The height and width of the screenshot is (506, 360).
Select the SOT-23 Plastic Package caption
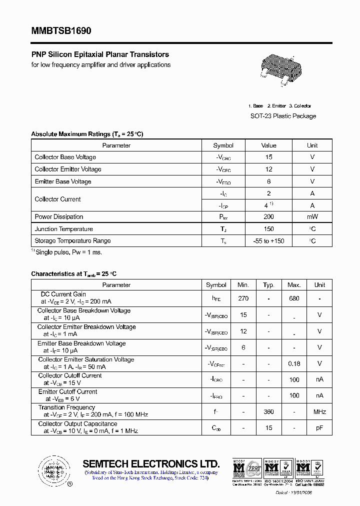point(283,116)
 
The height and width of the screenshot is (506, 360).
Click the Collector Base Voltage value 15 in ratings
point(269,157)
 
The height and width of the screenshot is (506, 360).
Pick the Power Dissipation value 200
point(269,217)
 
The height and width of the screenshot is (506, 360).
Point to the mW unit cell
point(312,217)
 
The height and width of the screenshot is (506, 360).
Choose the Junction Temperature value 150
point(269,229)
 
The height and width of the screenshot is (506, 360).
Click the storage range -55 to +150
point(268,241)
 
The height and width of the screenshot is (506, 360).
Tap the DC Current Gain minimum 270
point(243,298)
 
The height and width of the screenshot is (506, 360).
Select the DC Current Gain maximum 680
point(294,298)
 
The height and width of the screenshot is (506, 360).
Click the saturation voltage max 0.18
point(294,363)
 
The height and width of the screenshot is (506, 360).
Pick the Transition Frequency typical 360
point(269,412)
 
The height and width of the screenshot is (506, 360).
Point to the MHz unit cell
point(319,412)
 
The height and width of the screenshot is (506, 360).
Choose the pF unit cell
point(319,428)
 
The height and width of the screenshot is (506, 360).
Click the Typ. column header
point(269,285)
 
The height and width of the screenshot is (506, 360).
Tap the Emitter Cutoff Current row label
point(67,392)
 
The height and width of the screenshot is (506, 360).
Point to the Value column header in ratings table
point(269,145)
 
